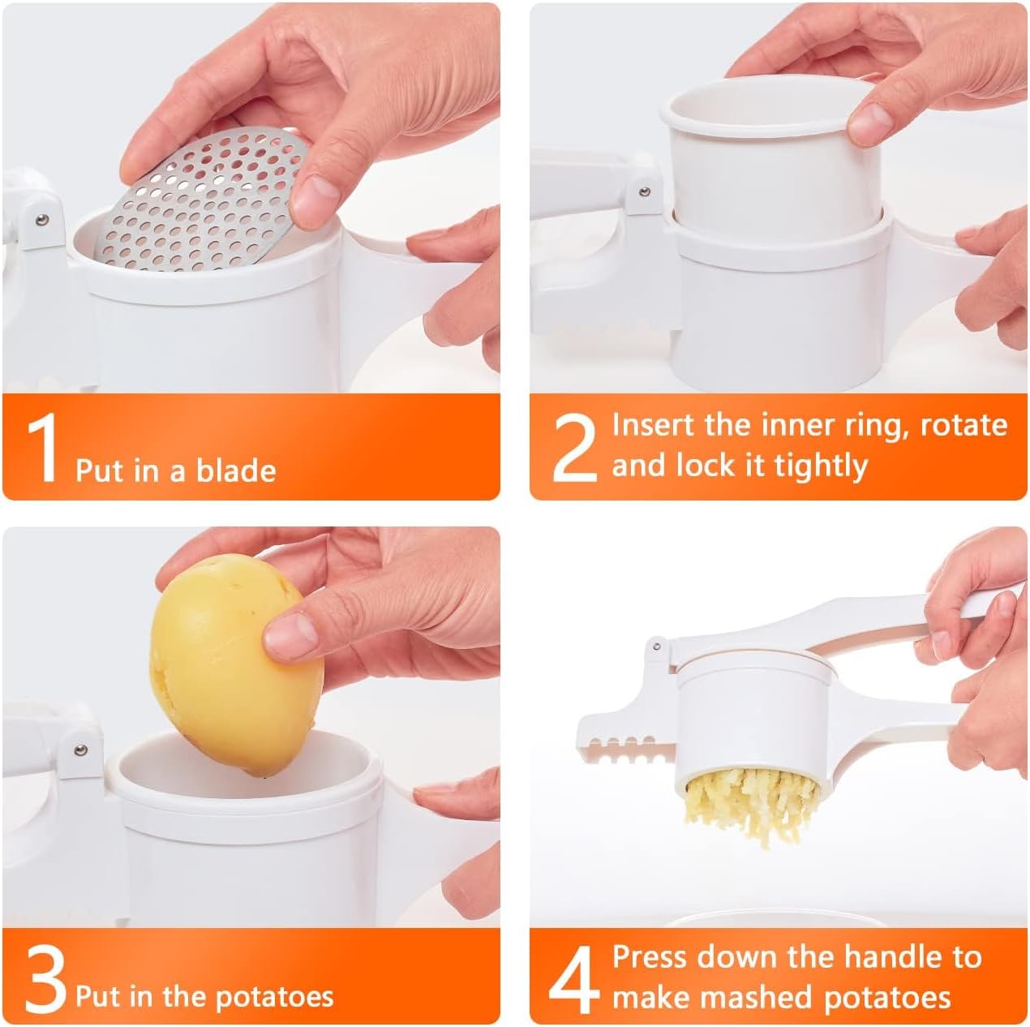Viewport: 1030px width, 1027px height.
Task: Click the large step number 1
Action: click(x=42, y=449)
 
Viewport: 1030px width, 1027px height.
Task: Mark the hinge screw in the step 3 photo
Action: click(x=79, y=750)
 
